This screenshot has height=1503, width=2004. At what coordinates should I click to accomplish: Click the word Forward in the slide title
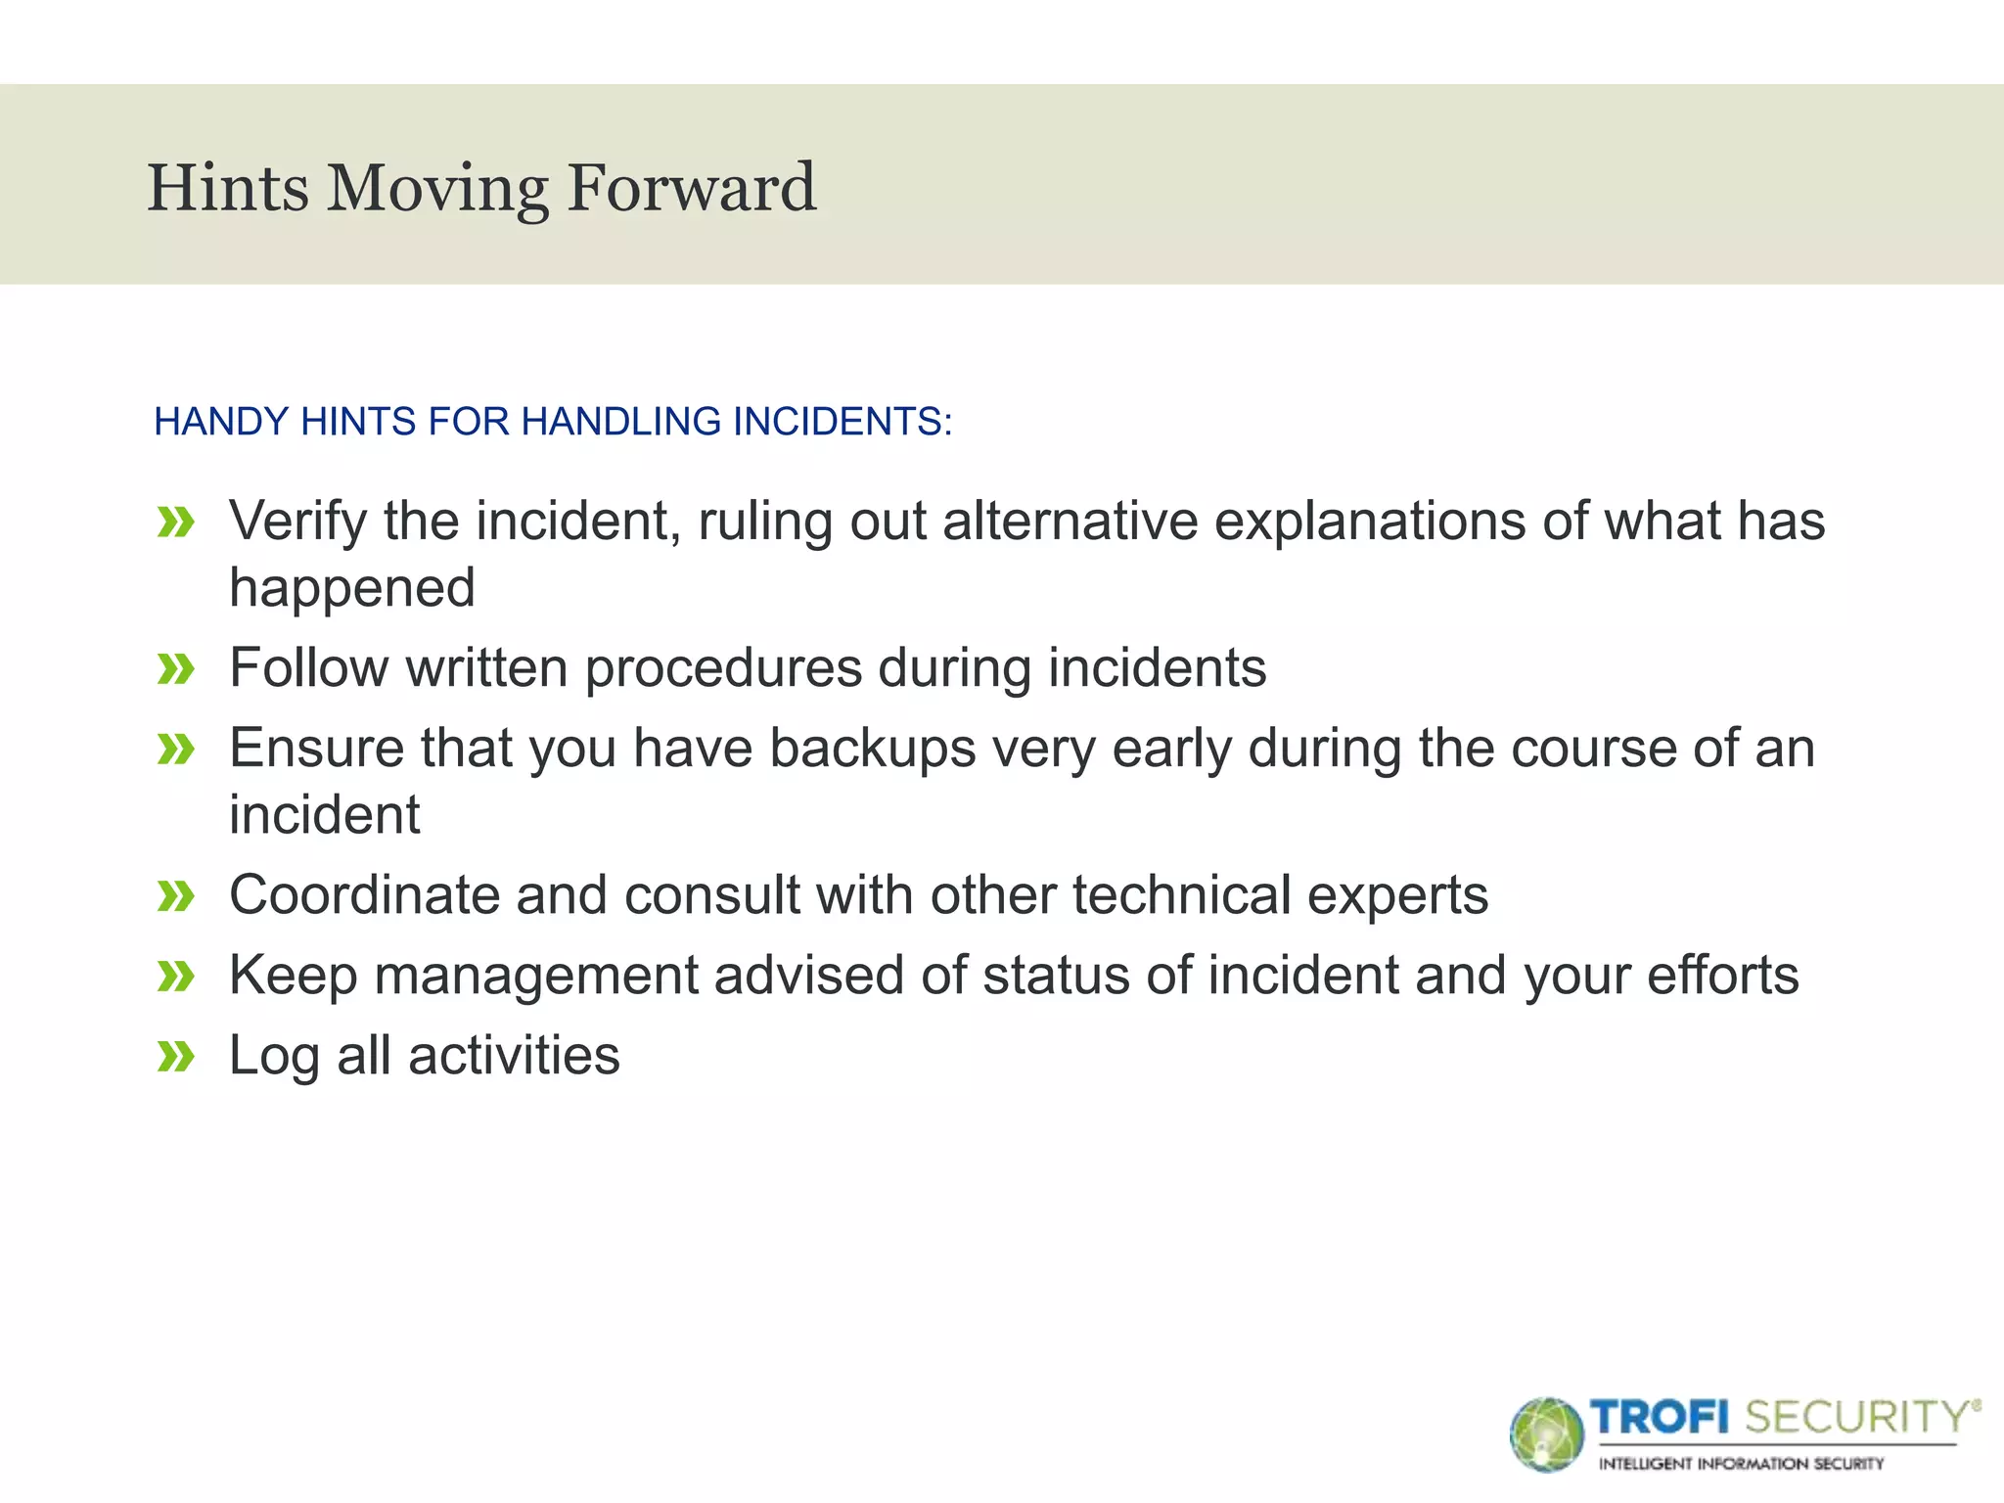(x=691, y=188)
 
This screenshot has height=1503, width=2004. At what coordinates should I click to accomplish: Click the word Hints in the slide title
(x=227, y=188)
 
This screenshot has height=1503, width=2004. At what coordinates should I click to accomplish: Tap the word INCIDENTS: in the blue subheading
(x=842, y=422)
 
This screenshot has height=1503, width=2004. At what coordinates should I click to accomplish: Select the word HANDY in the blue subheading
(x=221, y=422)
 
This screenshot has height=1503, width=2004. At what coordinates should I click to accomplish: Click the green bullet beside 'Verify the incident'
(x=176, y=523)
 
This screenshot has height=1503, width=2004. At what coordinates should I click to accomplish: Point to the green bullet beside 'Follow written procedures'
(x=176, y=669)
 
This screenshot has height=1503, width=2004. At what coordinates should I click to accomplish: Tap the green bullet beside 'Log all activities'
(x=176, y=1057)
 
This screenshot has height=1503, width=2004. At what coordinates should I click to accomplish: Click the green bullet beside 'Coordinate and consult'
(x=176, y=896)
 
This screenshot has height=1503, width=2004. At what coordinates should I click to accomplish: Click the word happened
(x=352, y=589)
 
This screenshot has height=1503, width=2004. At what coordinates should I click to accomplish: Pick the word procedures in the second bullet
(x=724, y=668)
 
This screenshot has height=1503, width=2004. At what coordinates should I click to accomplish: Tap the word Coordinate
(x=364, y=895)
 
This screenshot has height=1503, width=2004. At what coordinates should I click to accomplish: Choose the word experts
(x=1397, y=895)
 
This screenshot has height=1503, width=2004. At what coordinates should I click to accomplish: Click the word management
(x=535, y=976)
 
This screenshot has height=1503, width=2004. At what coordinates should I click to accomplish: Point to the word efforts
(x=1722, y=976)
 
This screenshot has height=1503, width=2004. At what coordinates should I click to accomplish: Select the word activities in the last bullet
(x=514, y=1056)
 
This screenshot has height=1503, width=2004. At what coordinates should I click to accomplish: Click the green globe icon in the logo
(x=1546, y=1435)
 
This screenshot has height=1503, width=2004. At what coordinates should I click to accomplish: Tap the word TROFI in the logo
(x=1660, y=1417)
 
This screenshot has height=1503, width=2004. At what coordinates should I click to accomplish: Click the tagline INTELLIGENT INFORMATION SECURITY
(x=1741, y=1464)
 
